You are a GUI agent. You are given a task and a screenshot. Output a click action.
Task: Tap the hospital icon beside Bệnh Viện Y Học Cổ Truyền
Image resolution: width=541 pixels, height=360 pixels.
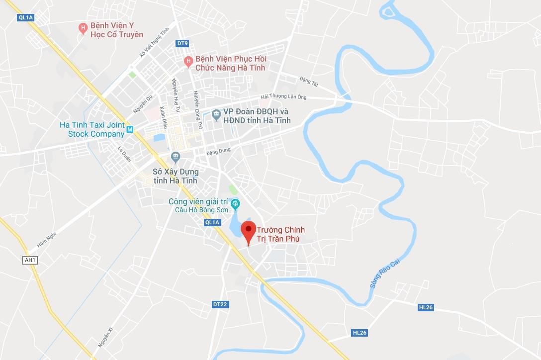(x=84, y=28)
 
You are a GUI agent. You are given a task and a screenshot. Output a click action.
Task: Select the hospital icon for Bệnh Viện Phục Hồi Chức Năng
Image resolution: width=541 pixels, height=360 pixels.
(x=188, y=62)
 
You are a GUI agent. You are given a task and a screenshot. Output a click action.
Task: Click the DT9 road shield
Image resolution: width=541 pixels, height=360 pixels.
(x=182, y=43)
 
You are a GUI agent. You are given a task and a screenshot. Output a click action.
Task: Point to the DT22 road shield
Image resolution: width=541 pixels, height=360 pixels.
(x=220, y=304)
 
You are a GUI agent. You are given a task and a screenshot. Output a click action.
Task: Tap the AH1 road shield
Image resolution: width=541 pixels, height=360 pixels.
(x=30, y=260)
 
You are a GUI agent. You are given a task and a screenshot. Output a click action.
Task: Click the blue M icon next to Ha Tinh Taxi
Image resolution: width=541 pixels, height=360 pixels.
(x=130, y=130)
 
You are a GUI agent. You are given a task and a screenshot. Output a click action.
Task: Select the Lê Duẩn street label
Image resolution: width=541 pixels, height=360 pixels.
(x=123, y=154)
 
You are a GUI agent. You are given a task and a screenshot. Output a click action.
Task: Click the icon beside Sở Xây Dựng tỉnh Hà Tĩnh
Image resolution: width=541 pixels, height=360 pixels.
(x=175, y=158)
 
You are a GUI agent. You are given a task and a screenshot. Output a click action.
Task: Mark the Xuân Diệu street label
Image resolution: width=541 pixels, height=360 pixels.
(x=163, y=118)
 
